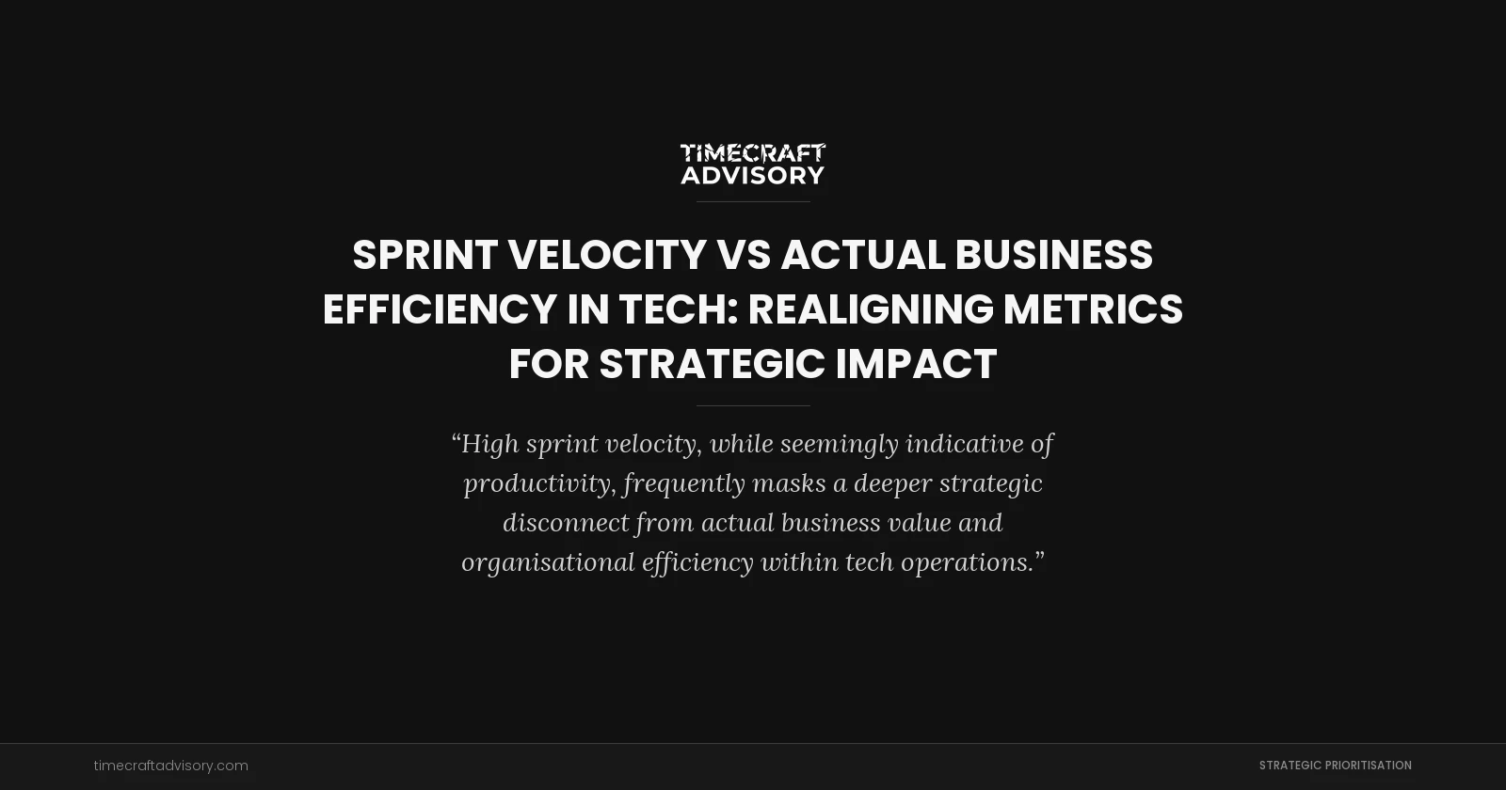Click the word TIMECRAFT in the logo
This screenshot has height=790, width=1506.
753,153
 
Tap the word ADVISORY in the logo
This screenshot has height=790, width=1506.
753,175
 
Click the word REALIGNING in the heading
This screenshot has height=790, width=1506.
870,309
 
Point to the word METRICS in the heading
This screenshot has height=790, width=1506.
1093,309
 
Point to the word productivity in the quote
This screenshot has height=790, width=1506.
539,483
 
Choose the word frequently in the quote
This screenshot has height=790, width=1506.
684,483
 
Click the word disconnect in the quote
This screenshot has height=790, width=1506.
566,522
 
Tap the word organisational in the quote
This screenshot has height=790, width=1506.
548,562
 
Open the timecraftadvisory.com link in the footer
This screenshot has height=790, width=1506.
171,766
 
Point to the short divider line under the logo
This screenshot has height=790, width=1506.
753,201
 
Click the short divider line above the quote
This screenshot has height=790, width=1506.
753,405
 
